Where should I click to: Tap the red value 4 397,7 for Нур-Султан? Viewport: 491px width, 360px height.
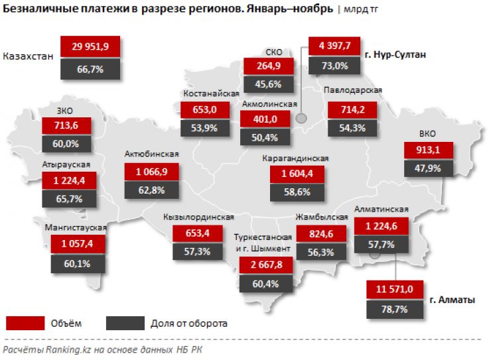click(334, 46)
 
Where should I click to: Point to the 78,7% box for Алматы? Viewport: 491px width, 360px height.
click(393, 309)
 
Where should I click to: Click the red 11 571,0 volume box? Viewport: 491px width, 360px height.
click(393, 290)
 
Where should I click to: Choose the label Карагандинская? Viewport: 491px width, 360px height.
click(296, 159)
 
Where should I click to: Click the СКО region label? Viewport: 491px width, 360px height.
click(273, 52)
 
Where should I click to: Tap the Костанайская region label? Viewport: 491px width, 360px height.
click(210, 94)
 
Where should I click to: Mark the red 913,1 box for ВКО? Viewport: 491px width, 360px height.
click(431, 149)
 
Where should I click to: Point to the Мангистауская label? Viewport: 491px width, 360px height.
click(76, 228)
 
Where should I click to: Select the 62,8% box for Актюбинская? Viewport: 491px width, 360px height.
click(151, 191)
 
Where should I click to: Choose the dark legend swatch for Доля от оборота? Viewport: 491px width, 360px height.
click(125, 323)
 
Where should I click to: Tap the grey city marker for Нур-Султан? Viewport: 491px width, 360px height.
click(301, 118)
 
